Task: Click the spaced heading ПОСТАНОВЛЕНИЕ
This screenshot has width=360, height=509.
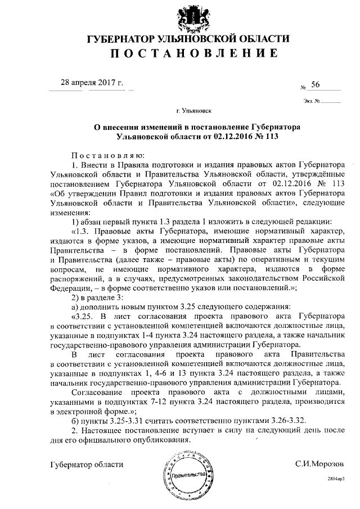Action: click(188, 55)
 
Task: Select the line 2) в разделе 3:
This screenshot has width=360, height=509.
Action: click(96, 297)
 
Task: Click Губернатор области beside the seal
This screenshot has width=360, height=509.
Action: click(86, 465)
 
